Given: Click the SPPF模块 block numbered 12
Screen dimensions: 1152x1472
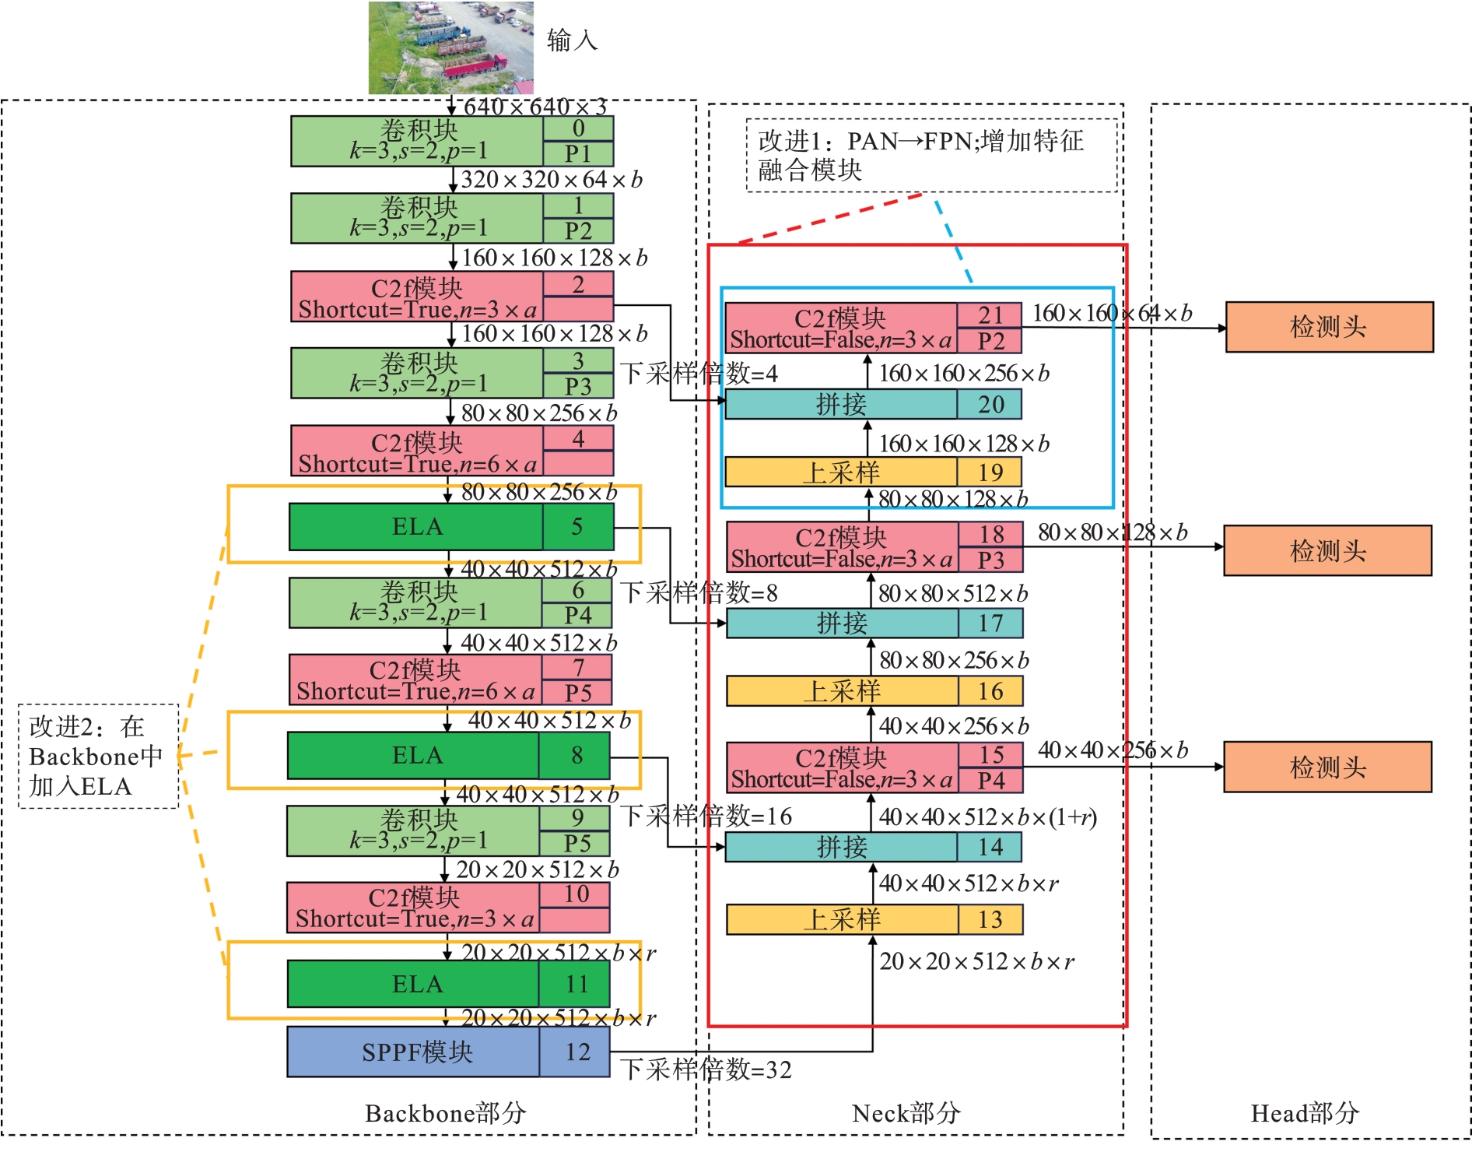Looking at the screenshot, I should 447,1052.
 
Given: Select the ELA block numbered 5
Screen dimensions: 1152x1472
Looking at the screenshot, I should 450,526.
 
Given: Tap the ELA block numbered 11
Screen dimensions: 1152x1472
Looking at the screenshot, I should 447,984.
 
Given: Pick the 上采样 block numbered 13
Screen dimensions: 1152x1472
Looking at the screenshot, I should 874,919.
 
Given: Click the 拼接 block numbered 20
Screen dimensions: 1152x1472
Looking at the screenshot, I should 872,404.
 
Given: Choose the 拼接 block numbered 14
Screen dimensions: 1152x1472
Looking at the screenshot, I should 873,847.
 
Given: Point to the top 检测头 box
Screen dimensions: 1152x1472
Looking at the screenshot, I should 1329,327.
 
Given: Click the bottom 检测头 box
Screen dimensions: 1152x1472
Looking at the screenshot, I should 1327,767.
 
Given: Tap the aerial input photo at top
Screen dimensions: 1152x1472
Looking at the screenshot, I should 450,47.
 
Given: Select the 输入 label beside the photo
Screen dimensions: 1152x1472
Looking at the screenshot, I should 572,40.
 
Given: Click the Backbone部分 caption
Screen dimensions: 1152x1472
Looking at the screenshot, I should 445,1113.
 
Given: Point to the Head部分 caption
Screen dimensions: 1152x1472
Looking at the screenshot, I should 1305,1113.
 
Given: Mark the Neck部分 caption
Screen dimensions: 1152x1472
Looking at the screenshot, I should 906,1113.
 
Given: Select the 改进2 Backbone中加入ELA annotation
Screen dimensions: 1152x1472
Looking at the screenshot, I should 98,756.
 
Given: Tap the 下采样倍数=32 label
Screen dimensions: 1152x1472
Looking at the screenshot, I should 706,1069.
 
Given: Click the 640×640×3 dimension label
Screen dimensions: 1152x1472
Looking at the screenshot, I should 534,107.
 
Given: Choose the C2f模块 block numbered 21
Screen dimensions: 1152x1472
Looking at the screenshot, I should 872,328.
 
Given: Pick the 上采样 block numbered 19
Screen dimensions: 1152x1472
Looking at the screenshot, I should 872,472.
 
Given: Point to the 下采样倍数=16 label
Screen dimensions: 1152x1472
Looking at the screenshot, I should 706,816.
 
